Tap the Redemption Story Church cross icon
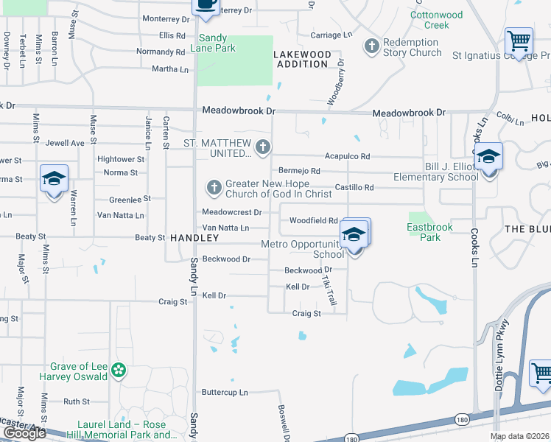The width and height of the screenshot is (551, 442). tap(372, 46)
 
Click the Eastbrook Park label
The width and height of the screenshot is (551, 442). tap(425, 233)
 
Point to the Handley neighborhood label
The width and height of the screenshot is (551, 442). tap(194, 239)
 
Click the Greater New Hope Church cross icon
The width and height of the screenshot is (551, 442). tap(214, 187)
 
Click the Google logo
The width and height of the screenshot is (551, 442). tap(24, 433)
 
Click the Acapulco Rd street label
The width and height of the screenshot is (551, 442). tap(347, 156)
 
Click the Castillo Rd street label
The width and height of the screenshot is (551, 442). tap(354, 188)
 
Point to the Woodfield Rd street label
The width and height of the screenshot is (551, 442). tap(313, 220)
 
